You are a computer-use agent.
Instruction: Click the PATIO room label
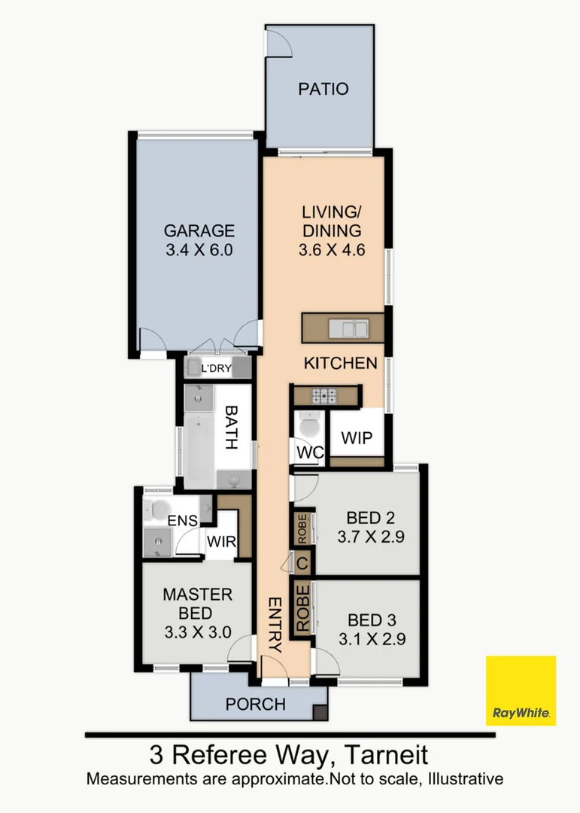(323, 89)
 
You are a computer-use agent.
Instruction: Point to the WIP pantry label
(357, 438)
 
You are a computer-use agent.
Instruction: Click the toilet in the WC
(308, 426)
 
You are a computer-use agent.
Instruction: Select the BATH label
(232, 428)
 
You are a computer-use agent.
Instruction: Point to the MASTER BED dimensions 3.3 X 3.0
(197, 632)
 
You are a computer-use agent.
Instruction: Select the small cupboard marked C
(302, 563)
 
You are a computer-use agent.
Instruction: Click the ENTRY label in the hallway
(274, 624)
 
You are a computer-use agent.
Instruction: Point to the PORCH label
(255, 705)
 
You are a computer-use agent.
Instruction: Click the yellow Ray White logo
(521, 690)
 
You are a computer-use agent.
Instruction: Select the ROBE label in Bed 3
(302, 610)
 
